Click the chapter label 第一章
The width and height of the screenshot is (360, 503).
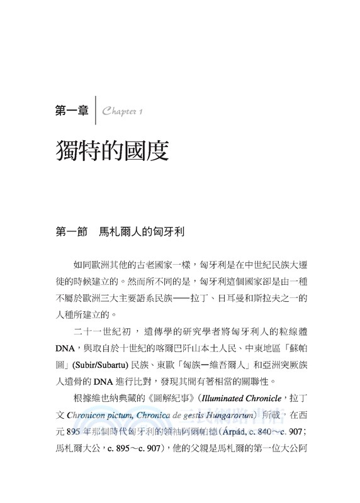(x=72, y=111)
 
